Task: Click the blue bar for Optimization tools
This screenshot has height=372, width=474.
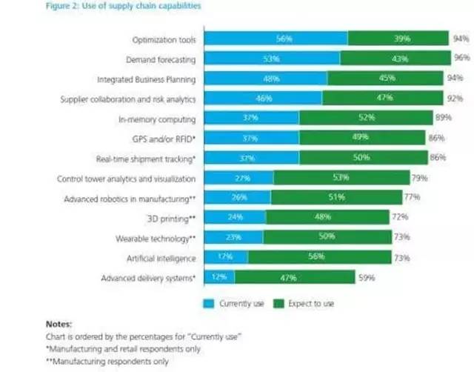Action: pos(276,38)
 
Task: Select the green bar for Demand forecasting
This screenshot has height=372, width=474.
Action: pos(395,58)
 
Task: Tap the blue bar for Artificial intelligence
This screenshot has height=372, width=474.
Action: pos(226,257)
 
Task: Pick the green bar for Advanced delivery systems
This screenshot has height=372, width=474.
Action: pos(294,277)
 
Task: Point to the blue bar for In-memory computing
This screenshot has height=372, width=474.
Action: pos(251,118)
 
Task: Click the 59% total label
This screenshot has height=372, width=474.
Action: pos(366,278)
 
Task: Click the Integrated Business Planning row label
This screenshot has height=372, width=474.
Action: pos(146,78)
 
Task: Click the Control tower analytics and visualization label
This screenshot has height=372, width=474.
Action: pos(126,178)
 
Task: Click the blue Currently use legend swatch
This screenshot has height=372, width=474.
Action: pos(208,303)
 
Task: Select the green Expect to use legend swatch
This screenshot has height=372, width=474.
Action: pos(278,303)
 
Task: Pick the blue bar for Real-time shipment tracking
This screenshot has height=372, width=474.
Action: pos(251,158)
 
